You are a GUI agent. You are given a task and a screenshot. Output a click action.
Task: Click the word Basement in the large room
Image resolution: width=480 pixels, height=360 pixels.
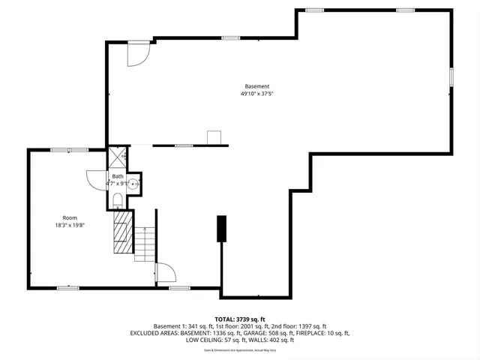[256, 86]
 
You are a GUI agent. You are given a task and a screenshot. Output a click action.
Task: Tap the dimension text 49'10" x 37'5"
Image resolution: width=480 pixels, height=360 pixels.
[256, 94]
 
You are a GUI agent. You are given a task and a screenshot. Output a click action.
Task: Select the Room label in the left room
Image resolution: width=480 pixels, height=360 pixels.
[69, 217]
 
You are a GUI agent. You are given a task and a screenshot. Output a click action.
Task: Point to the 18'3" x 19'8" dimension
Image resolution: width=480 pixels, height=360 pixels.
[69, 226]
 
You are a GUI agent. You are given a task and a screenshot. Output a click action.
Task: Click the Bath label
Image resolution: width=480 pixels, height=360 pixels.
[118, 176]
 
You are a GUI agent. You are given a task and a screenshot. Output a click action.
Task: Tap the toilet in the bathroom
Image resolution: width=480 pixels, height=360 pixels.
[118, 199]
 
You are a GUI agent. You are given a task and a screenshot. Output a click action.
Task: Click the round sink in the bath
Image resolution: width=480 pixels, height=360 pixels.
[134, 183]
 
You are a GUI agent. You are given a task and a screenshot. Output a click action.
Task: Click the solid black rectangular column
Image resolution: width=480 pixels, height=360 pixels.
[221, 229]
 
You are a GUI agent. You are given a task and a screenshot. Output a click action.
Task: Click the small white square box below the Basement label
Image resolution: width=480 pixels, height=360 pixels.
[214, 137]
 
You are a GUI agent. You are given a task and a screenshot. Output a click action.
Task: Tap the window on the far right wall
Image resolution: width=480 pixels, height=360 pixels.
[451, 78]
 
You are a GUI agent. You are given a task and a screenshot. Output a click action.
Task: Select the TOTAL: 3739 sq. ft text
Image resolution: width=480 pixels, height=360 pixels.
[240, 319]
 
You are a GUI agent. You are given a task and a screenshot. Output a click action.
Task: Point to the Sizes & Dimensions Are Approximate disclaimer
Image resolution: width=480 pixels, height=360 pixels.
[240, 350]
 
